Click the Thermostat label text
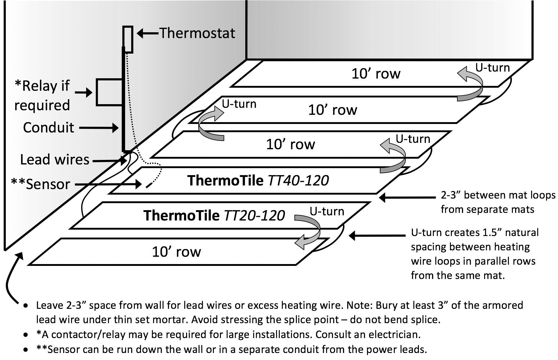click(197, 33)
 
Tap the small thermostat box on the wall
click(128, 39)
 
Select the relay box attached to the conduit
click(110, 92)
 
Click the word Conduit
click(49, 128)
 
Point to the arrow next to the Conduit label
click(99, 128)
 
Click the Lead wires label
click(55, 160)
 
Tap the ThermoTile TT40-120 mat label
click(258, 180)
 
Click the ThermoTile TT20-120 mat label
click(214, 215)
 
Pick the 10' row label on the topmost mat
click(376, 74)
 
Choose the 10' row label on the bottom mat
click(176, 252)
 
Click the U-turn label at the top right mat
click(493, 67)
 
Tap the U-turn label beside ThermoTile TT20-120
click(327, 211)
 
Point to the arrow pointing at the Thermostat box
click(148, 33)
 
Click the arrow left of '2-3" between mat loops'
click(407, 198)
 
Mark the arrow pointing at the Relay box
click(84, 92)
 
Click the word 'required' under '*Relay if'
click(42, 105)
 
